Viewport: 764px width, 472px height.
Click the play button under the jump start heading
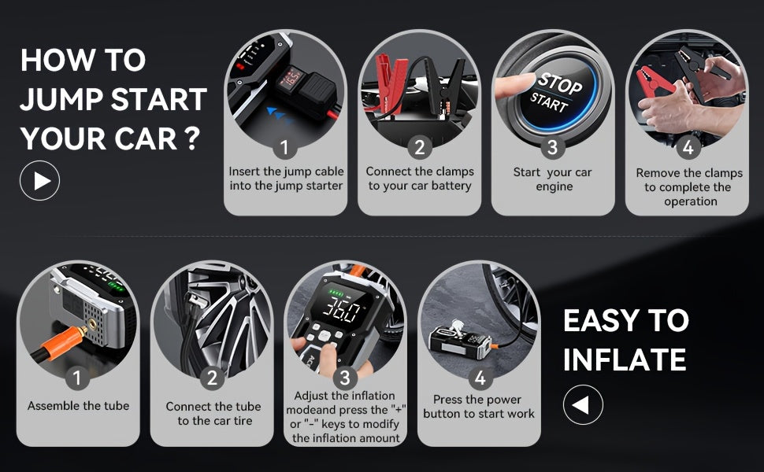[40, 180]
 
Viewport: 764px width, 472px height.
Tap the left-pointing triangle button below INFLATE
[583, 405]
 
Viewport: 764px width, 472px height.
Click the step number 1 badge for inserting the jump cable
[284, 147]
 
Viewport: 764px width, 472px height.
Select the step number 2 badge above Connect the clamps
[420, 147]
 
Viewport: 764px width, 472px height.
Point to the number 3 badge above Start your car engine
[553, 147]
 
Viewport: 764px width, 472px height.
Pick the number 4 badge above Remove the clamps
[688, 147]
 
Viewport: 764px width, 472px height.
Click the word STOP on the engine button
[560, 83]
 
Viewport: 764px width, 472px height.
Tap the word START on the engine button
[549, 102]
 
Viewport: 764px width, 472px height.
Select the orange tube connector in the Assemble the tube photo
[63, 342]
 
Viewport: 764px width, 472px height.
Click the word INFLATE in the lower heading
[625, 360]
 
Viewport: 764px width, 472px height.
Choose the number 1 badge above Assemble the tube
[77, 378]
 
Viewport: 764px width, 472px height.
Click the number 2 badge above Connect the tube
[212, 378]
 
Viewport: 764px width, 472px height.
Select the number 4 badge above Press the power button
[480, 378]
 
